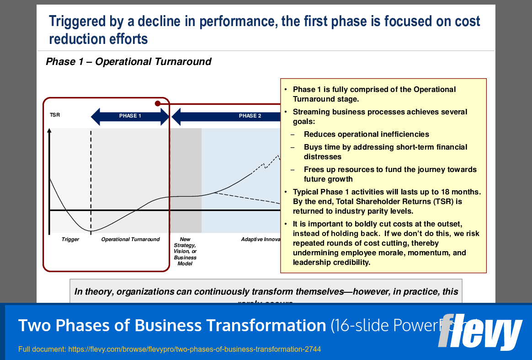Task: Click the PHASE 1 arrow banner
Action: (130, 116)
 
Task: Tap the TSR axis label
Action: (54, 115)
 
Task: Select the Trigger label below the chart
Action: (70, 240)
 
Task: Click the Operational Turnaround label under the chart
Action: (130, 240)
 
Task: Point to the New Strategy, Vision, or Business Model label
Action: (185, 251)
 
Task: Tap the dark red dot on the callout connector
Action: (158, 103)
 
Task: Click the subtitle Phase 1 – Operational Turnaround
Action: (128, 62)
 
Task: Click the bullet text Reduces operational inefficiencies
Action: (366, 134)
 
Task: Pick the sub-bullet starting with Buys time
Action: (385, 152)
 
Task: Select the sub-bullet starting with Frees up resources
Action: (390, 174)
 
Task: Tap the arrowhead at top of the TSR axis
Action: (50, 131)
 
